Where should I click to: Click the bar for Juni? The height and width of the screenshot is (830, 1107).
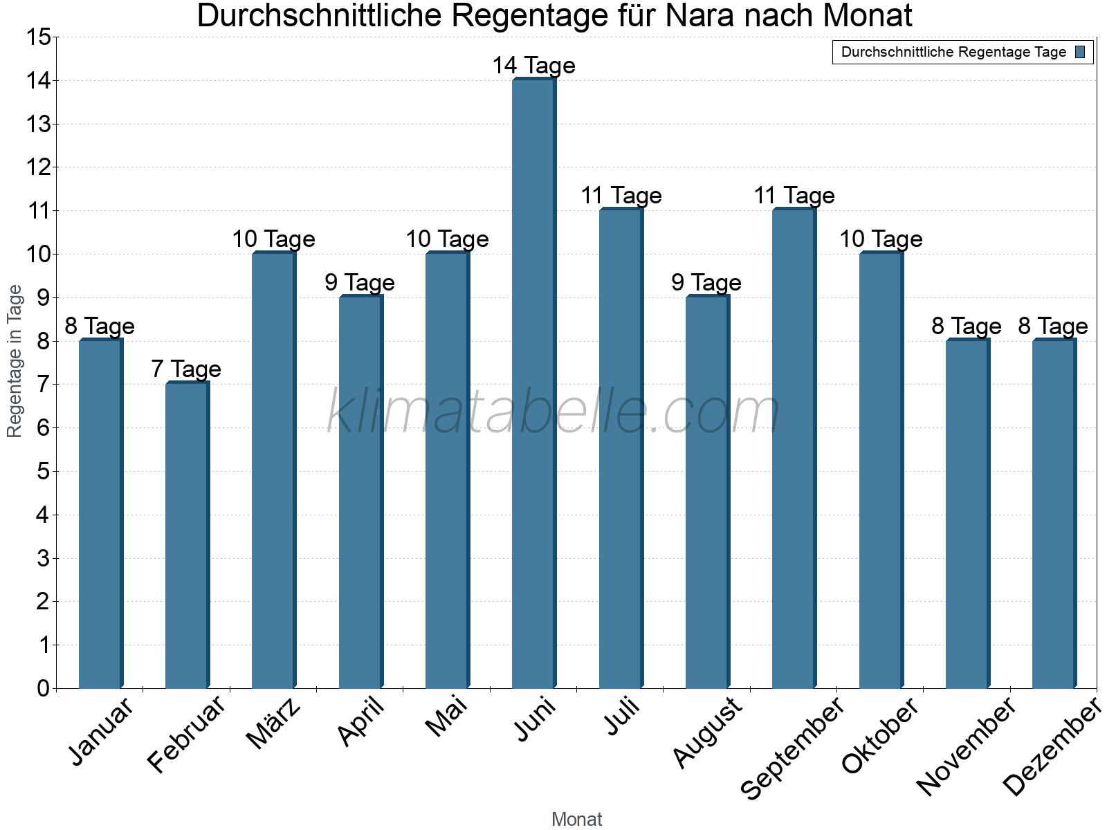(533, 384)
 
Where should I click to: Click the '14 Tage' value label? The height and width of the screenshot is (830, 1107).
(533, 66)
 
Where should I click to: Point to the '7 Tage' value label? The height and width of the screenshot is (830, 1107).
(186, 369)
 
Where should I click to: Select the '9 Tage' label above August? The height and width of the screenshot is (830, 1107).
(706, 283)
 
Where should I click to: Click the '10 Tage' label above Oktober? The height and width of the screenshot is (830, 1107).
(881, 239)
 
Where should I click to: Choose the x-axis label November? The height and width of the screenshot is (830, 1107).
(967, 746)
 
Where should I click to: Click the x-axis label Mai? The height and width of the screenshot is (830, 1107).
(447, 717)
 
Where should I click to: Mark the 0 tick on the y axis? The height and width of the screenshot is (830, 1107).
(44, 688)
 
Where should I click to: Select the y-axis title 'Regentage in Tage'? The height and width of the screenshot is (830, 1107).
(15, 361)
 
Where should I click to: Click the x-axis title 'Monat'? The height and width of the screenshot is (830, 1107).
(576, 819)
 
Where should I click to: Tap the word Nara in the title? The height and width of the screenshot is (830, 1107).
(692, 16)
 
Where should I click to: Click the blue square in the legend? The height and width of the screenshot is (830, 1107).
(1080, 52)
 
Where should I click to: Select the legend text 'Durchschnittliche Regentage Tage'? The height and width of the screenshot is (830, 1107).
(953, 52)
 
